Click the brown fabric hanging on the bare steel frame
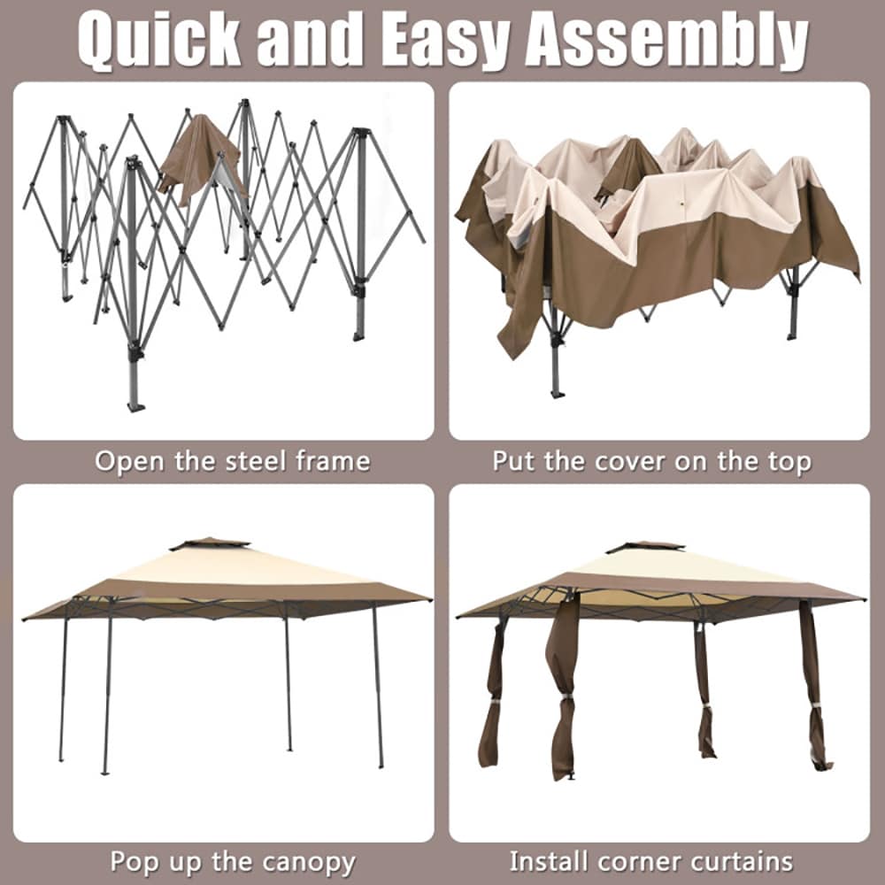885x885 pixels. tap(202, 158)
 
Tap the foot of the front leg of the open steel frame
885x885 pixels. tap(135, 405)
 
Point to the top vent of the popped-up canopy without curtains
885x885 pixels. tap(210, 543)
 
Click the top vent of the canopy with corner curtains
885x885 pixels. tap(645, 546)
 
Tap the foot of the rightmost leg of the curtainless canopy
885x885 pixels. tap(381, 765)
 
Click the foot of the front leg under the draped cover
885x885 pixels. tap(557, 394)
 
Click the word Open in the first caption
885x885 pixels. tap(131, 462)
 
